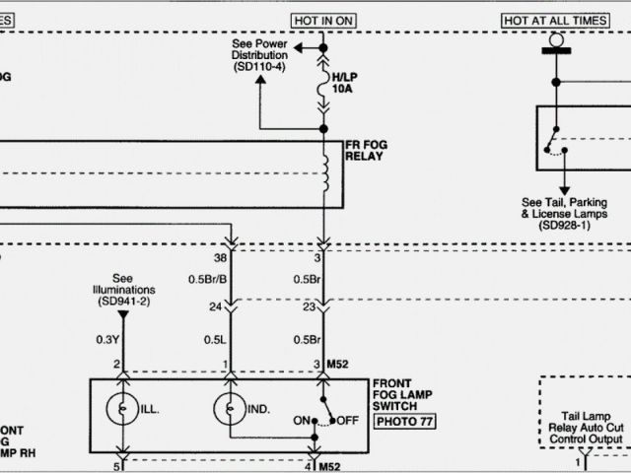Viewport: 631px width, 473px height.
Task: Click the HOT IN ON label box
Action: [323, 21]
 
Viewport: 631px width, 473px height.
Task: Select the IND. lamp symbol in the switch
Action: [230, 406]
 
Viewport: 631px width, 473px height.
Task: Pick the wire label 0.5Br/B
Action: [208, 279]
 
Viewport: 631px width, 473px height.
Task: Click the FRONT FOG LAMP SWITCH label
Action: [405, 393]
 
